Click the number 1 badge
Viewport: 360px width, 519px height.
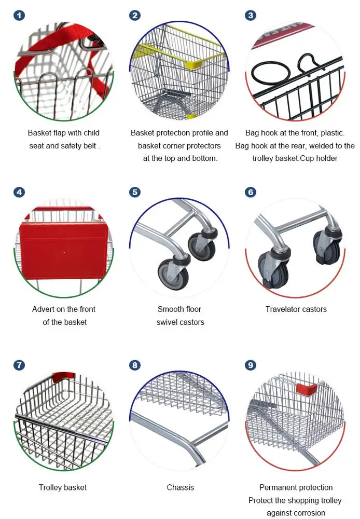[x=19, y=16]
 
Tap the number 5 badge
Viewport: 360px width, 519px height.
[x=135, y=193]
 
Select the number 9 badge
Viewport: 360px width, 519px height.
[x=251, y=365]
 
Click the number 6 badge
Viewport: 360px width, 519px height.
[x=251, y=193]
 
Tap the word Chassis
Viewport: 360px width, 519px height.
[x=181, y=487]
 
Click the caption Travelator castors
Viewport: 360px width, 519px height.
[x=296, y=309]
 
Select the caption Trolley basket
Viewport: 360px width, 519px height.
[x=63, y=487]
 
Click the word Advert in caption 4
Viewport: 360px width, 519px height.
[x=43, y=309]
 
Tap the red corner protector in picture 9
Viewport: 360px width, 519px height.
[x=306, y=388]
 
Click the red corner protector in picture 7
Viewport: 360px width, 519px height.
[x=63, y=376]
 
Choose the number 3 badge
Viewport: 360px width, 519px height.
[x=251, y=16]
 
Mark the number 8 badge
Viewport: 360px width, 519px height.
[x=135, y=365]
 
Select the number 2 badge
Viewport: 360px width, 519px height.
[x=135, y=16]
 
